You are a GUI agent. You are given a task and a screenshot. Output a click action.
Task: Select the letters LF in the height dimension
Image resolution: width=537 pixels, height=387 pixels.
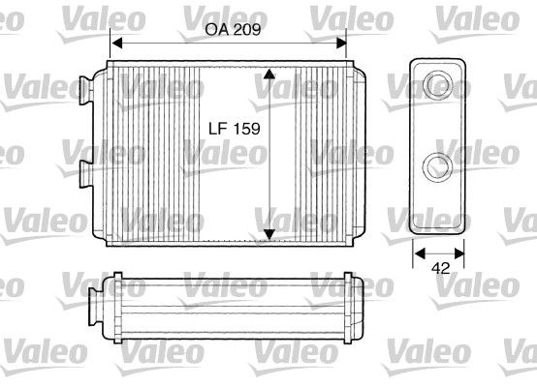click(221, 128)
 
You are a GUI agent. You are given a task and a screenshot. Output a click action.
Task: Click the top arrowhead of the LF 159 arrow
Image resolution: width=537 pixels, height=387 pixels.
click(269, 74)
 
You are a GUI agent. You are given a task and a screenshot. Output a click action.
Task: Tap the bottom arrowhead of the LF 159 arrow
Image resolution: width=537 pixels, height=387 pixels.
click(269, 233)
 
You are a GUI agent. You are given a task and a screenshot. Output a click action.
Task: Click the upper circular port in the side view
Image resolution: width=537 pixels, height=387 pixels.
click(439, 84)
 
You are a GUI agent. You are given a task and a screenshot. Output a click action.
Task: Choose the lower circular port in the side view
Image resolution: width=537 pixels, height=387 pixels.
click(439, 164)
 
